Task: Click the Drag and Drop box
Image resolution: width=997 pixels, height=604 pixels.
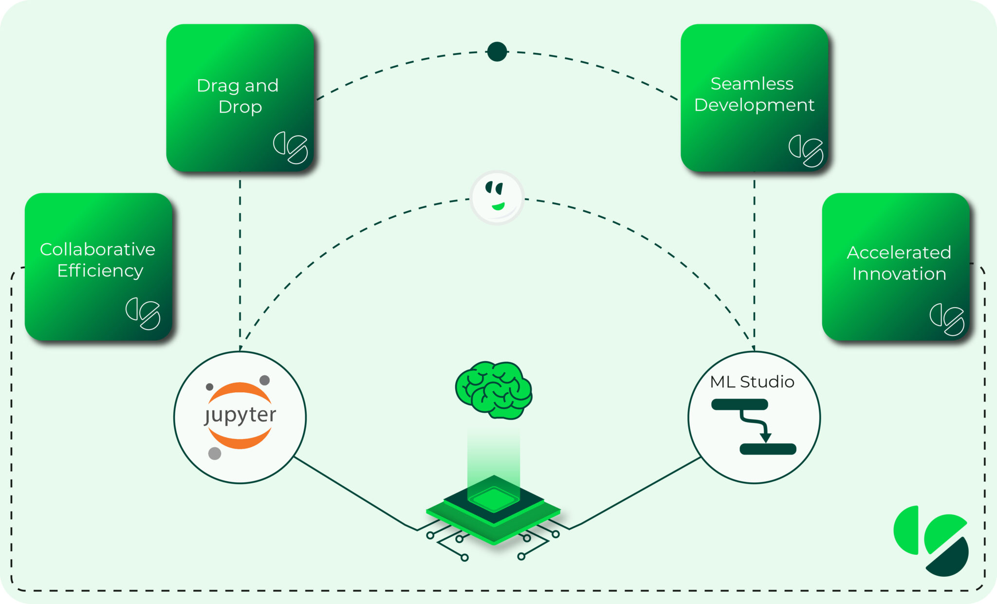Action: coord(240,97)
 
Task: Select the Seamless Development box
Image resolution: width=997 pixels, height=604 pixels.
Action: coord(754,97)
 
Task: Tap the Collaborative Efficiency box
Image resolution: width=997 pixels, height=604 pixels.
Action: coord(99,266)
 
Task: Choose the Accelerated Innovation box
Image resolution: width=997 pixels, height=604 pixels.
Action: coord(896,266)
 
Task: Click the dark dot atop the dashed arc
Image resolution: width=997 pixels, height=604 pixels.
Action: coord(497,52)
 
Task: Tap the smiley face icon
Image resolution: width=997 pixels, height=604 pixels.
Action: coord(497,197)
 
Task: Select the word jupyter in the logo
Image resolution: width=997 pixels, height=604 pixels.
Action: coord(240,415)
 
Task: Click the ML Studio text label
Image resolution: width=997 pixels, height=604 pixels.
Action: coord(752,382)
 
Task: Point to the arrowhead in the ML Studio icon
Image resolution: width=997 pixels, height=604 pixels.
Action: coord(766,437)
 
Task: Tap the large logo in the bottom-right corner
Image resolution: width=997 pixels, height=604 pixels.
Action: coord(931,540)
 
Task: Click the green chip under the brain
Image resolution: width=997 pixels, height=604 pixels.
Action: coord(494,509)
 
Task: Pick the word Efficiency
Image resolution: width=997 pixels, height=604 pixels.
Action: coord(100,271)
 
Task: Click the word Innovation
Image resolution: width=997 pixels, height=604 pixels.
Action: coord(899,274)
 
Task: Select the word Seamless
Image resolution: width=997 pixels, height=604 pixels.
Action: coord(752,84)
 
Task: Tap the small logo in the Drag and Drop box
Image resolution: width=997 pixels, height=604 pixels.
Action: coord(291,147)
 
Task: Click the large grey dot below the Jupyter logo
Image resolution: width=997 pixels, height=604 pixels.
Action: coord(215,454)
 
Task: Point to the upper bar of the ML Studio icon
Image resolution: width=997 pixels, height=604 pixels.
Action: coord(739,404)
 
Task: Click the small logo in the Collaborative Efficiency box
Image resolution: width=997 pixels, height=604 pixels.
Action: coord(143,313)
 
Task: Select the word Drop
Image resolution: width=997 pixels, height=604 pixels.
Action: coord(240,107)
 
